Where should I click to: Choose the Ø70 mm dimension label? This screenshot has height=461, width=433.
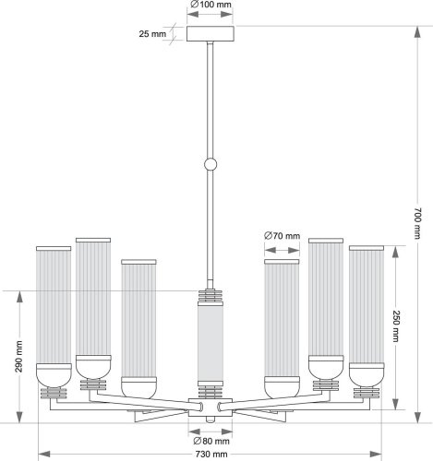282,237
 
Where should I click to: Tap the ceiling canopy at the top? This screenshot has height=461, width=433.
211,34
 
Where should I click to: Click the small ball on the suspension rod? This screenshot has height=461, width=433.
211,166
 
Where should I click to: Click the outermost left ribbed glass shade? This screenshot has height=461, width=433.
54,304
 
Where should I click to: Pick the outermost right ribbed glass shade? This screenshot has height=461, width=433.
367,304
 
